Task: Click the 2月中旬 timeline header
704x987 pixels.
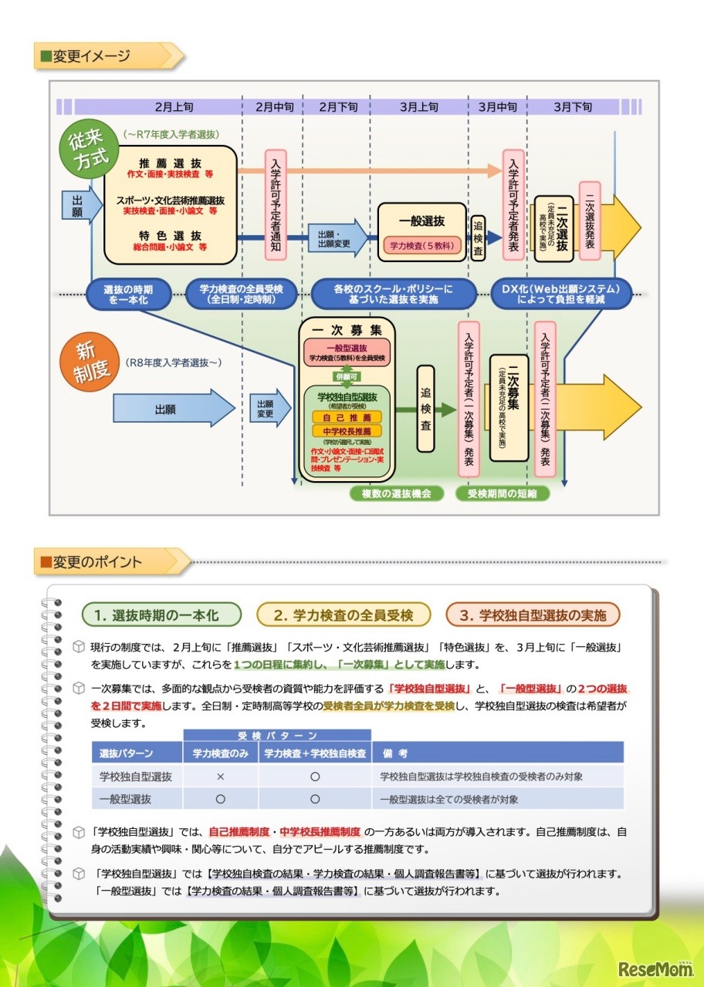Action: (x=273, y=107)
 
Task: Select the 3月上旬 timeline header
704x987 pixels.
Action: (x=419, y=107)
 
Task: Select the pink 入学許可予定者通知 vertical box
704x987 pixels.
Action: (x=276, y=204)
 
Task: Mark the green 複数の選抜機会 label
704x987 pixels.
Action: (x=396, y=493)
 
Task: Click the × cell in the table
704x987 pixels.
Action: (x=220, y=776)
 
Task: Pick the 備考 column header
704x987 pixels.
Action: (x=394, y=753)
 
